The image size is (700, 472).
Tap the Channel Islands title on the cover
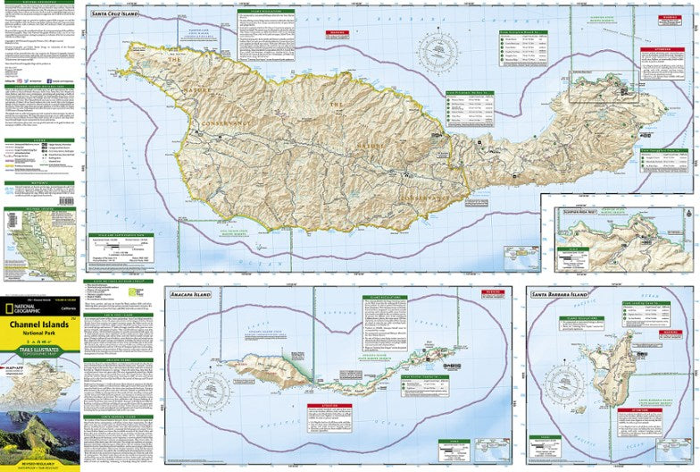click(x=41, y=324)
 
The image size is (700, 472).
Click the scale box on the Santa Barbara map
click(x=547, y=442)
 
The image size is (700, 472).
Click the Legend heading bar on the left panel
click(x=40, y=139)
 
